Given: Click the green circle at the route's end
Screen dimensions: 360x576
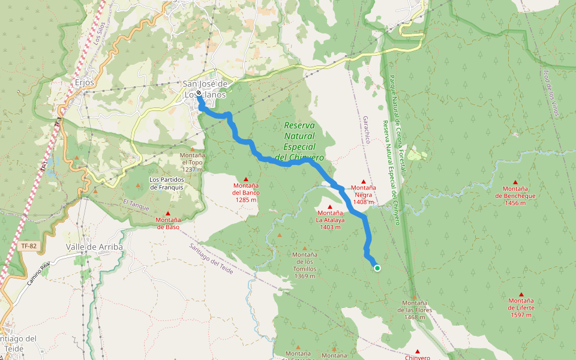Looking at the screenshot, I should pos(377,268).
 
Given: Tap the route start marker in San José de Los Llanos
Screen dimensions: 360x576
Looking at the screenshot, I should pos(199,92).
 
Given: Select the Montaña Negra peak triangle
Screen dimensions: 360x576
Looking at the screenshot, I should pos(363,181).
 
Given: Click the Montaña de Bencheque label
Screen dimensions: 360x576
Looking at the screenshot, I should pos(515,199).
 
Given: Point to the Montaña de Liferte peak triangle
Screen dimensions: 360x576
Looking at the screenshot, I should pos(521,295).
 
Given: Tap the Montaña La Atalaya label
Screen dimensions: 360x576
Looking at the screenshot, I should pos(330,220).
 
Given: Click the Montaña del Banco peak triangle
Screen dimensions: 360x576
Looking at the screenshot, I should pos(246,179).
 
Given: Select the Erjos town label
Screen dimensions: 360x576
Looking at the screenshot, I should pos(86,82).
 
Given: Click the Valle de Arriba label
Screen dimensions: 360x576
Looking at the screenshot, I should pos(94,247).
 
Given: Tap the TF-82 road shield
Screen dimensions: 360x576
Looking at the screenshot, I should pos(28,246).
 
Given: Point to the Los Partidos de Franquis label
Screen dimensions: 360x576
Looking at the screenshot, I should pos(166,183).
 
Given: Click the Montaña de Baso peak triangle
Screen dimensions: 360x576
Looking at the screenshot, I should pos(168,214).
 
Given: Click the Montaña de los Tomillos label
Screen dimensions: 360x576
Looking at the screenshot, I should pos(305,265).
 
